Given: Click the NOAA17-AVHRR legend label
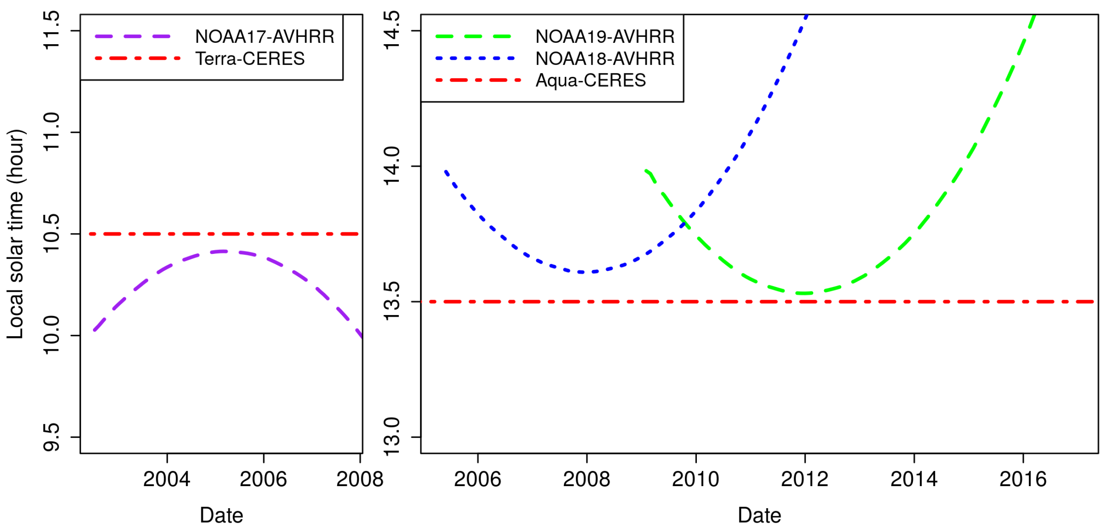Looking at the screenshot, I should click(265, 37).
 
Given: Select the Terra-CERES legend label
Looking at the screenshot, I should click(250, 59).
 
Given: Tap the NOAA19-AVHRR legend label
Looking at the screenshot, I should click(605, 37).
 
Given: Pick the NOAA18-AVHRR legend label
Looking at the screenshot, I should click(605, 59).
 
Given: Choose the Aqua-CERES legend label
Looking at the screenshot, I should click(590, 81).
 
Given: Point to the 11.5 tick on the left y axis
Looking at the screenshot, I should click(52, 31).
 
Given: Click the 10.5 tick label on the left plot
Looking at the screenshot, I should click(52, 234).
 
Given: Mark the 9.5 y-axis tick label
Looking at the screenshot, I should click(52, 437).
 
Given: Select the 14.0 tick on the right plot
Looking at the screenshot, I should click(392, 166).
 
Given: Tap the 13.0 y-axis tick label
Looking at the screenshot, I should click(392, 437).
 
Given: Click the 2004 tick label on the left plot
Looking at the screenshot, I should click(167, 479).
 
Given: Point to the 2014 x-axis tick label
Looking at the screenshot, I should click(914, 479).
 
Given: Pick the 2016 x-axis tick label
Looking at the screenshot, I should click(1023, 479).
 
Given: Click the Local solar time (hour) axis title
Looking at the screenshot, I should click(16, 234).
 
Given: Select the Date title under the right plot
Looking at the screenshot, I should click(759, 515).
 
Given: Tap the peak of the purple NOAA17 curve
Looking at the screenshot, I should click(223, 251).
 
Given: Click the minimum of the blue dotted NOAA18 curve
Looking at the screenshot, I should click(582, 272).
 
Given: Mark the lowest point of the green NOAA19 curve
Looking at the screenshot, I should click(805, 293).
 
